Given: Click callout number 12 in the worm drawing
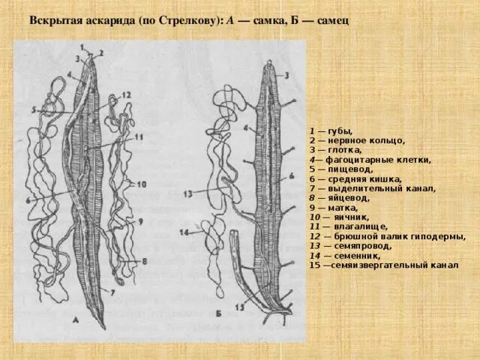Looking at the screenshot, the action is click(x=126, y=94).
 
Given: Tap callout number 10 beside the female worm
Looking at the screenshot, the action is click(x=142, y=184).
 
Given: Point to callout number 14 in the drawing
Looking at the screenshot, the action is click(x=184, y=232).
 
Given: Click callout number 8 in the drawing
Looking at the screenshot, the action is click(x=144, y=260).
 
